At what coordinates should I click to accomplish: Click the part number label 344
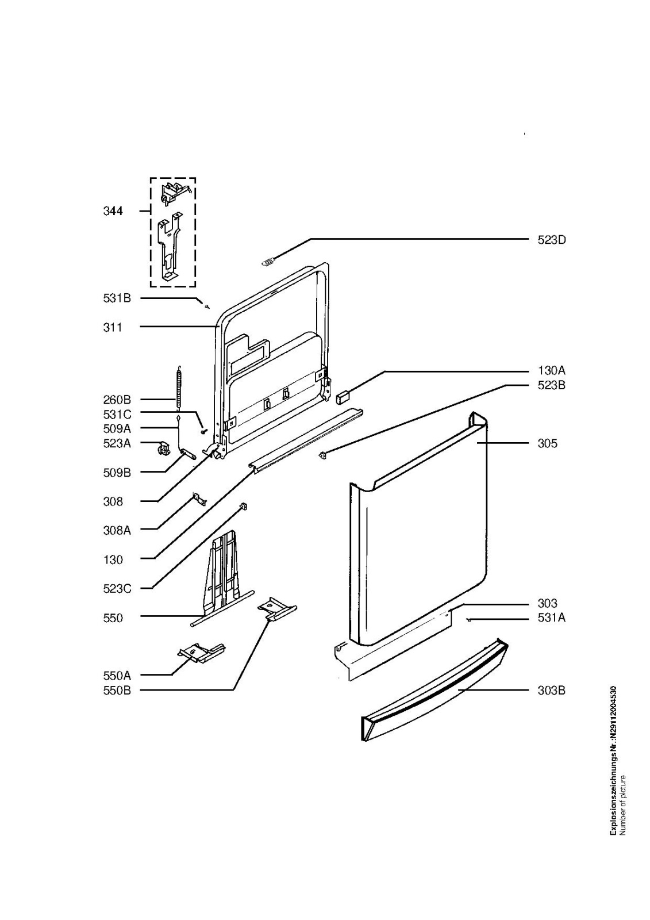click(x=113, y=211)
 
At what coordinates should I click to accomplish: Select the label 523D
click(x=551, y=240)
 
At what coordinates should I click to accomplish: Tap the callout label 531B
click(x=117, y=298)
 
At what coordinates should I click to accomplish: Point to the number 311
click(x=113, y=327)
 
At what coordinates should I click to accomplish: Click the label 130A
click(x=551, y=371)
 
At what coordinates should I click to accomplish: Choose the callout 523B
click(x=551, y=385)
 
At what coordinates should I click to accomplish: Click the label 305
click(x=547, y=443)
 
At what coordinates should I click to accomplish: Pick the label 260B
click(x=117, y=400)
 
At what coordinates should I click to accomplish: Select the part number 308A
click(x=117, y=530)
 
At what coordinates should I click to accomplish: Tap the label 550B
click(x=117, y=690)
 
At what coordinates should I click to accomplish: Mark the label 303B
click(x=551, y=690)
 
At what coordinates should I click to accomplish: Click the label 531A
click(x=551, y=618)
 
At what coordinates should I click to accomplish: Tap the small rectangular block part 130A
click(x=343, y=396)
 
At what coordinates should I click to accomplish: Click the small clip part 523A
click(x=163, y=448)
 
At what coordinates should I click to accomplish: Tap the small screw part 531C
click(x=203, y=431)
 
